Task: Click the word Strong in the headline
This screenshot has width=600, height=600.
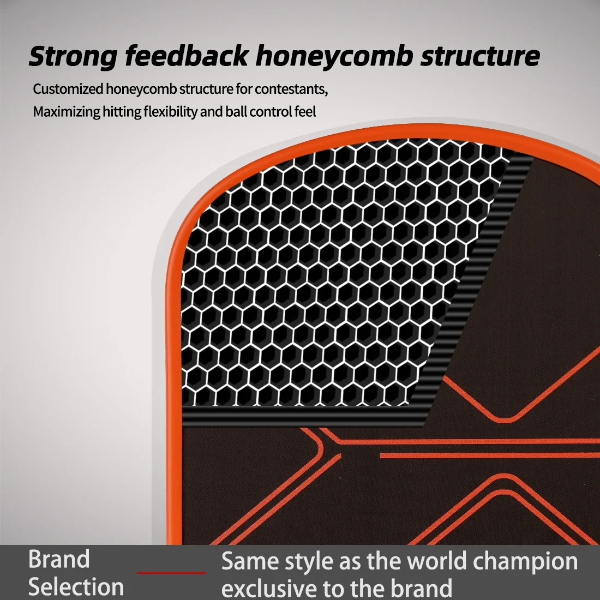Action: [x=73, y=57]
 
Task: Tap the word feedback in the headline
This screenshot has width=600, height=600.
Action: [x=187, y=56]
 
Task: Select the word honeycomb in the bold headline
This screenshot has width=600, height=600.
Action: [x=334, y=57]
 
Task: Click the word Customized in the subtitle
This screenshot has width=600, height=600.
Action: [x=68, y=89]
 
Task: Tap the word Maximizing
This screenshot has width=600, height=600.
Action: [x=67, y=112]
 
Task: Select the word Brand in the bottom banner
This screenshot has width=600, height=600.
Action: [x=59, y=559]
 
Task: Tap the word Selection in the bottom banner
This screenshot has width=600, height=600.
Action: [x=76, y=586]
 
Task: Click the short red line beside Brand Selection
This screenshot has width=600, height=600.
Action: [x=171, y=573]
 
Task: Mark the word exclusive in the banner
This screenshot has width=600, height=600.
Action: [x=269, y=588]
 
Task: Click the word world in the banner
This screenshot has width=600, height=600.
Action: [x=436, y=561]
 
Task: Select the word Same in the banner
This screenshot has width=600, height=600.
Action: [x=249, y=561]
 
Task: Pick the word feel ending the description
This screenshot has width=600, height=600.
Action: [x=305, y=112]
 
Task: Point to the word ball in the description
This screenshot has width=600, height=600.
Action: [x=237, y=112]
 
